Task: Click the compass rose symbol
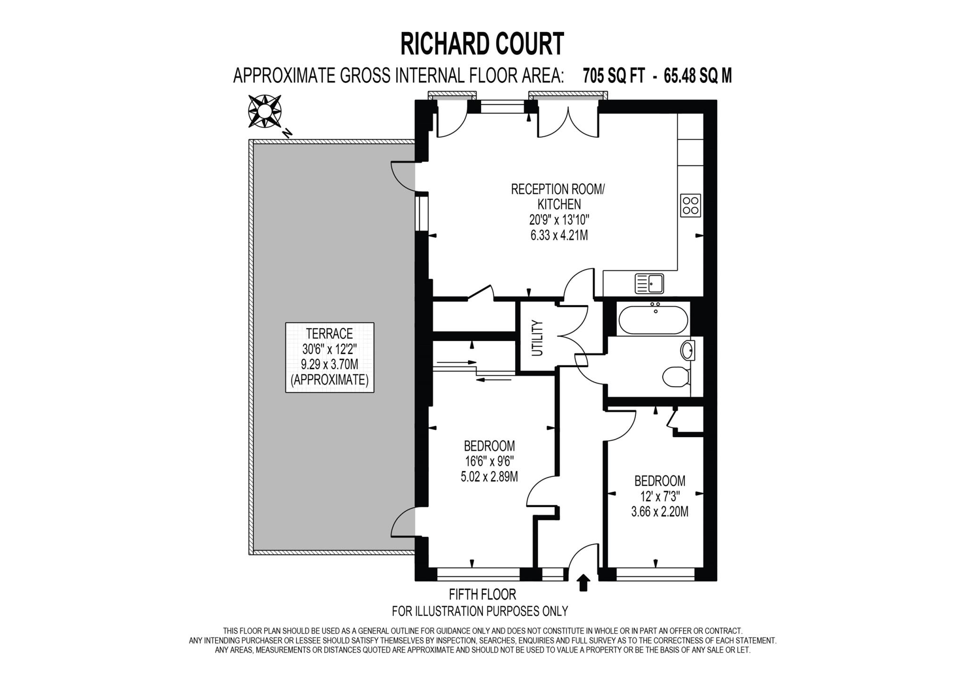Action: pyautogui.click(x=265, y=111)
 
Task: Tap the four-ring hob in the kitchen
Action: pyautogui.click(x=691, y=206)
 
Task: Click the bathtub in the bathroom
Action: pyautogui.click(x=653, y=321)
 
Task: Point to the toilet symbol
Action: pyautogui.click(x=675, y=377)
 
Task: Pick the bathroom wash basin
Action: pyautogui.click(x=688, y=351)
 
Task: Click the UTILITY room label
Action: pyautogui.click(x=537, y=338)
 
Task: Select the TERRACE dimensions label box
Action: pyautogui.click(x=330, y=357)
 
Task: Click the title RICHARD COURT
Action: pyautogui.click(x=482, y=44)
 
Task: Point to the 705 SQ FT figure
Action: pyautogui.click(x=614, y=76)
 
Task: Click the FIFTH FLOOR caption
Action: pyautogui.click(x=482, y=594)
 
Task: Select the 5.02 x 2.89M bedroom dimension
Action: pyautogui.click(x=489, y=477)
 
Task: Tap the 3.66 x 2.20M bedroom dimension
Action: pyautogui.click(x=659, y=512)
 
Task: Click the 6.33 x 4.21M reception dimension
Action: pyautogui.click(x=559, y=235)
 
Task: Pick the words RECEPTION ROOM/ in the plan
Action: pyautogui.click(x=558, y=190)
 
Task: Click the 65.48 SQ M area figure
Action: pyautogui.click(x=698, y=76)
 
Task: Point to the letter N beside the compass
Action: pyautogui.click(x=287, y=133)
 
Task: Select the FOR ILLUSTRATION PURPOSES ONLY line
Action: pyautogui.click(x=480, y=611)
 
